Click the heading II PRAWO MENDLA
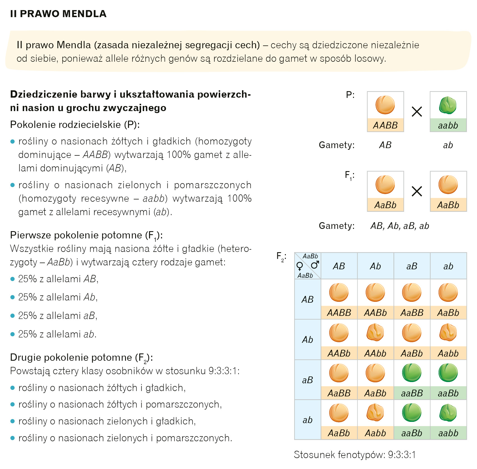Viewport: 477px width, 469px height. click(58, 14)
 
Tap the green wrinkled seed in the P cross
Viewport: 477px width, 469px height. click(448, 105)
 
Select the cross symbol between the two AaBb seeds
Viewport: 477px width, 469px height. click(417, 192)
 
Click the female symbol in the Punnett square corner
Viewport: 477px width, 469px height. click(299, 266)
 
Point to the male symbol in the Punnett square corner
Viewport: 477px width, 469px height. click(315, 265)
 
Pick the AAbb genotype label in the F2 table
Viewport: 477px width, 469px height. click(375, 353)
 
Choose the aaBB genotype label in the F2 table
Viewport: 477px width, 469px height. click(412, 393)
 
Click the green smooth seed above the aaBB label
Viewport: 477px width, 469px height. click(412, 373)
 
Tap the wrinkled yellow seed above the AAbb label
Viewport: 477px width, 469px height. click(375, 333)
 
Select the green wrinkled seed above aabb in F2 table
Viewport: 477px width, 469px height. click(448, 413)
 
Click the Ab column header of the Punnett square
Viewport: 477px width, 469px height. click(375, 266)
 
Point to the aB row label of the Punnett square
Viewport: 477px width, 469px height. click(307, 380)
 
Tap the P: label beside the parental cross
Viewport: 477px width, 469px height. click(350, 95)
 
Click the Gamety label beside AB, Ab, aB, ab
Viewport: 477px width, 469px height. click(337, 226)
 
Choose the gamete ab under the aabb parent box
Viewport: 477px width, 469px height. click(448, 145)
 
